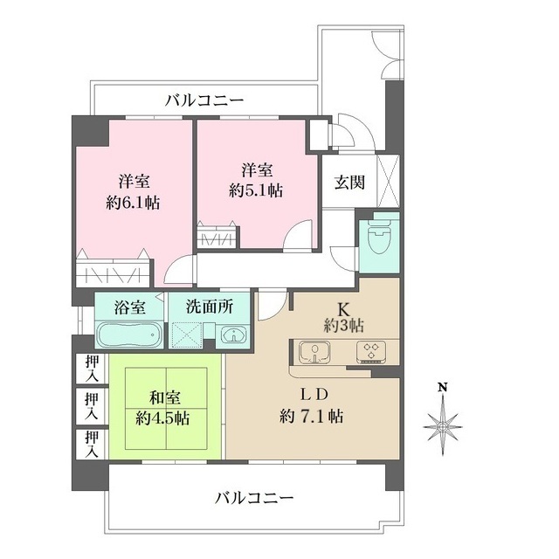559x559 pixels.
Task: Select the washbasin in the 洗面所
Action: coord(232,336)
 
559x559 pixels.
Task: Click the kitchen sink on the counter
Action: coord(314,353)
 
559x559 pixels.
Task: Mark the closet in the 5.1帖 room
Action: coord(216,237)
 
